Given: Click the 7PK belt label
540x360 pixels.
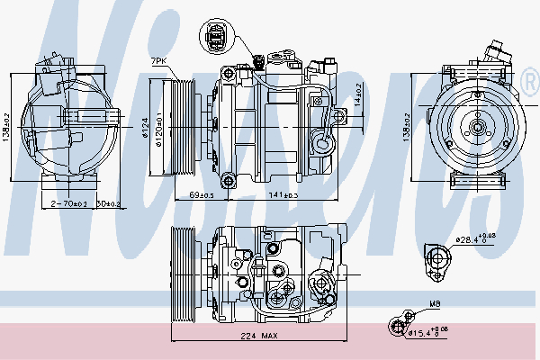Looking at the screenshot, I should pyautogui.click(x=158, y=60).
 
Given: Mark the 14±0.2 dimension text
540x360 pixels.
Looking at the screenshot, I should pyautogui.click(x=357, y=93).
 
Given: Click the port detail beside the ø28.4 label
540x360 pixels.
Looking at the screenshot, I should pyautogui.click(x=439, y=259).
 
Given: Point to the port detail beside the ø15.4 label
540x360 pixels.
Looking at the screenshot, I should pyautogui.click(x=398, y=326).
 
